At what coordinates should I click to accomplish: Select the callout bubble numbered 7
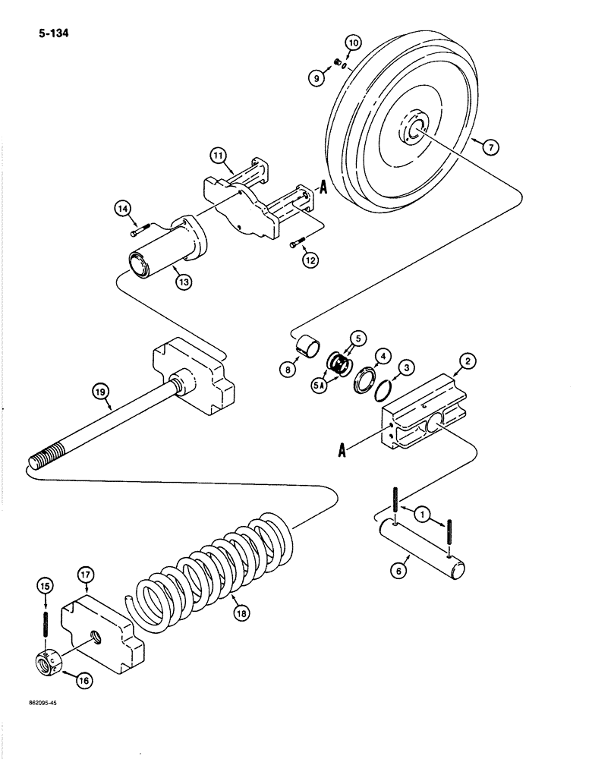[490, 148]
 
